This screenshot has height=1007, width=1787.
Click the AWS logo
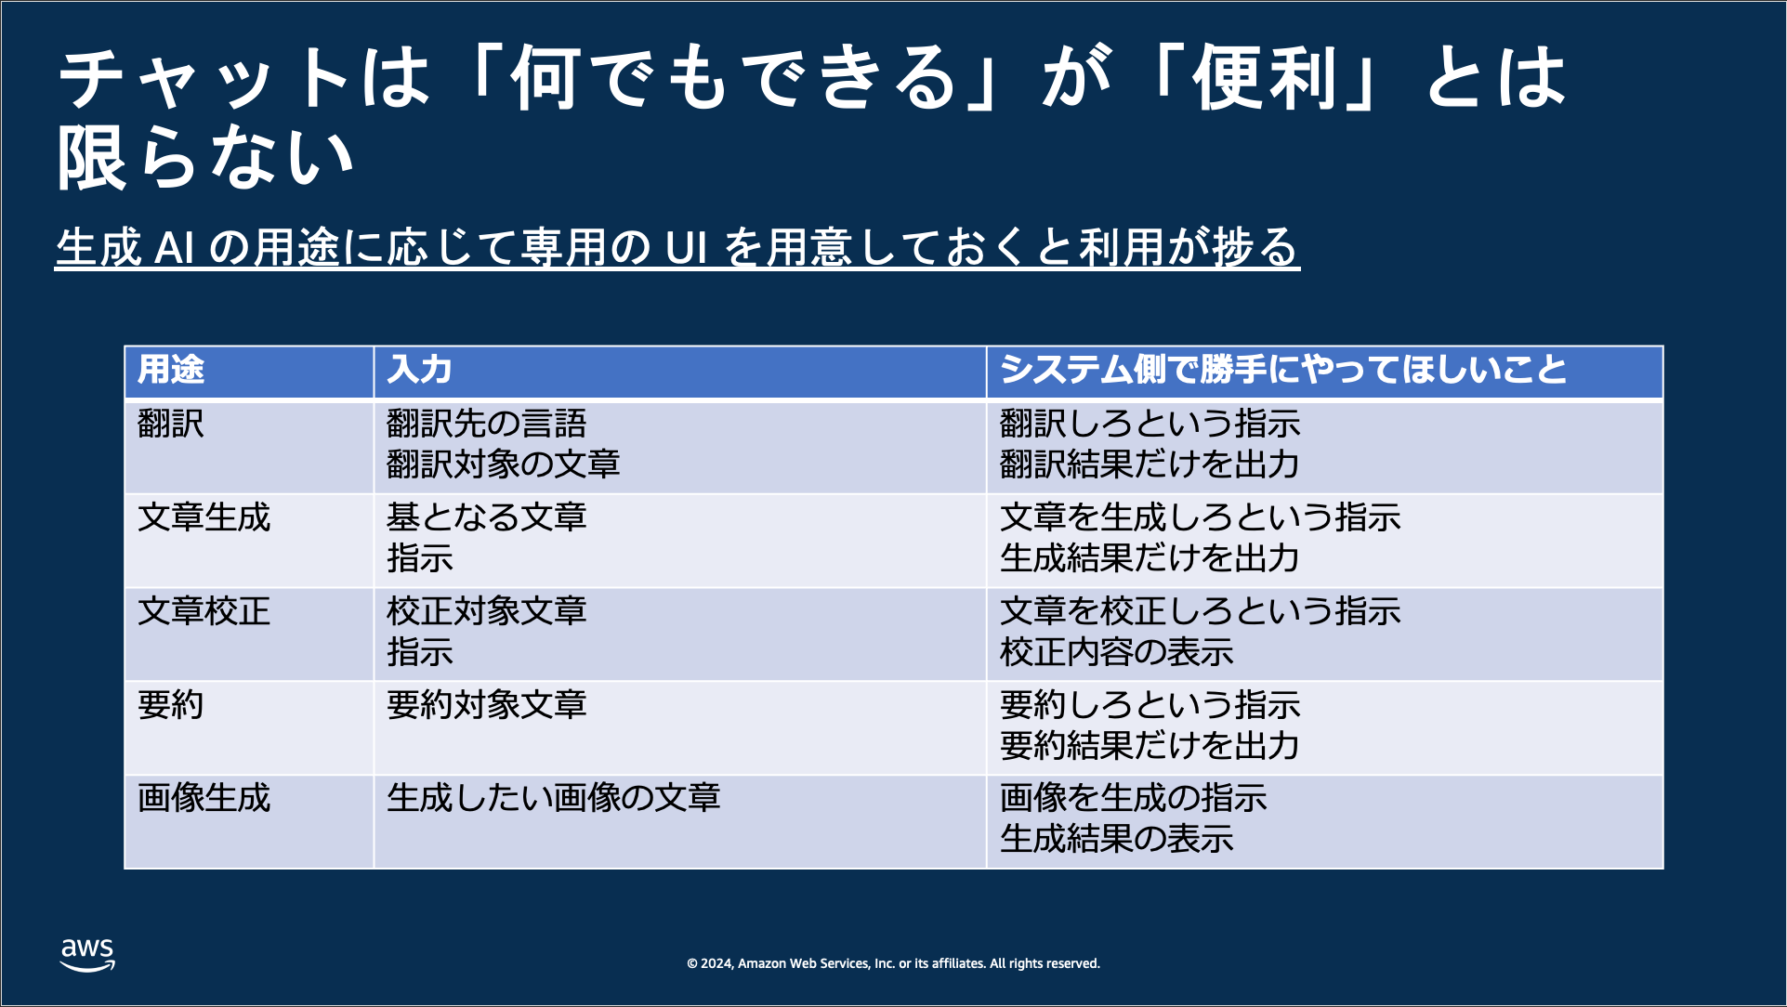(87, 955)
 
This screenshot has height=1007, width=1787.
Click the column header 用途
(171, 370)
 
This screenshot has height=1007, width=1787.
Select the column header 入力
(419, 370)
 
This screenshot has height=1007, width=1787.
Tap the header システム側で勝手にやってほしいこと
(1283, 370)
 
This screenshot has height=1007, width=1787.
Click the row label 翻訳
(171, 424)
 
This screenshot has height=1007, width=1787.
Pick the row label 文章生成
(204, 517)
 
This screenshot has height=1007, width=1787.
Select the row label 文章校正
(204, 611)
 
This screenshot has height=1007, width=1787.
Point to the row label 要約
(171, 705)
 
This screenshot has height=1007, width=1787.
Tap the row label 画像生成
(204, 798)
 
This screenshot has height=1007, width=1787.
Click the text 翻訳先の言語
(487, 424)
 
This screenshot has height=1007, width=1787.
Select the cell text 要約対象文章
(487, 705)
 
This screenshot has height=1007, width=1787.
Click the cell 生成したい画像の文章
(554, 798)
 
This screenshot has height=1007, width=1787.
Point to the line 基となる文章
(487, 517)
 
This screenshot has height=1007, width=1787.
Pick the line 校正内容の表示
(1117, 652)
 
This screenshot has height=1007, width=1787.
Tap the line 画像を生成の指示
(1134, 798)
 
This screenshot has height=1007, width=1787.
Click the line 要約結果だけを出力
(1150, 746)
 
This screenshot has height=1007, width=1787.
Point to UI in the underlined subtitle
(687, 247)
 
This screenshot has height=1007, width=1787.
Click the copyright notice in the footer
(893, 963)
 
